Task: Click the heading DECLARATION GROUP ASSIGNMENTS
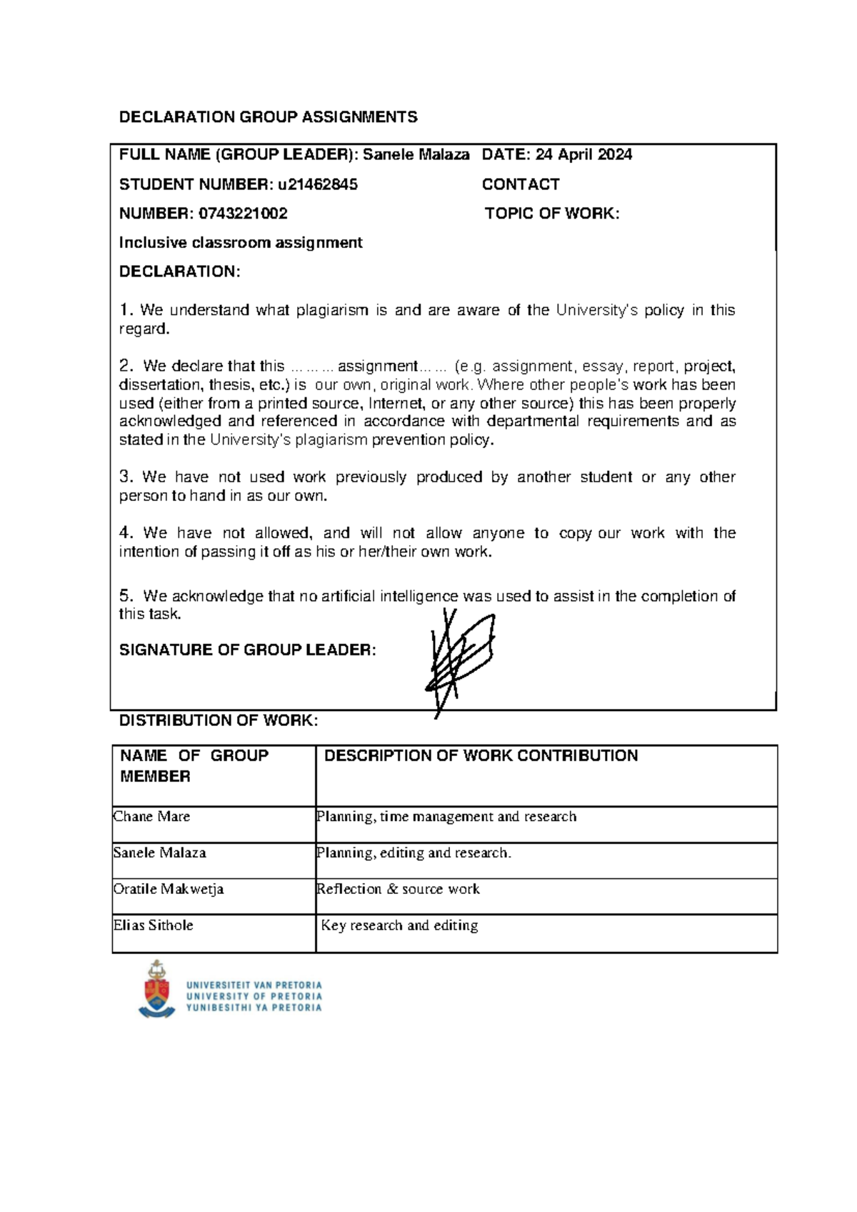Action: click(x=268, y=117)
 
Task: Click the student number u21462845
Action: click(x=318, y=184)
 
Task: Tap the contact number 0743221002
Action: click(x=244, y=214)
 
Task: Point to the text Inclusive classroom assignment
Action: click(x=241, y=243)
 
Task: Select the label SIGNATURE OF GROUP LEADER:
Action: click(x=247, y=650)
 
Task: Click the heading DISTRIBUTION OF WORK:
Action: click(x=218, y=720)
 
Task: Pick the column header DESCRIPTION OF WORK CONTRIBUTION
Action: click(x=481, y=756)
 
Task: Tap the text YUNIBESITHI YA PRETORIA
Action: click(x=254, y=1008)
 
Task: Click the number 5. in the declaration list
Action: click(x=126, y=596)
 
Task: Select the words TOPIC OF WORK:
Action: click(x=552, y=214)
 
